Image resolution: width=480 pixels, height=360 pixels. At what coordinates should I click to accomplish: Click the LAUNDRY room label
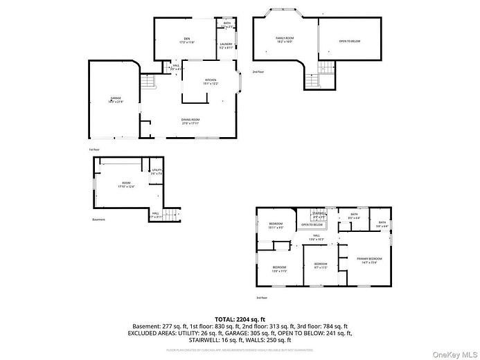tap(226, 46)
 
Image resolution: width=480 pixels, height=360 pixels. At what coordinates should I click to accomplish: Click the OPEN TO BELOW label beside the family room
tap(350, 41)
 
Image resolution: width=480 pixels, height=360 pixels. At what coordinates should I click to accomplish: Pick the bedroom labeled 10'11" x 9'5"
tap(276, 225)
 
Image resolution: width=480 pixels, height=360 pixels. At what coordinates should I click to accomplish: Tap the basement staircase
tap(174, 214)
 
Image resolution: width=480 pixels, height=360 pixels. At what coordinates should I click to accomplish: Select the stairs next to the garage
tap(148, 84)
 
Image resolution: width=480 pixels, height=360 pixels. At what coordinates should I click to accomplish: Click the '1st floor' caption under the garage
tap(94, 150)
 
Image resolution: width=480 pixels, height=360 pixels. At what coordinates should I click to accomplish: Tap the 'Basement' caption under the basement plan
tap(98, 220)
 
